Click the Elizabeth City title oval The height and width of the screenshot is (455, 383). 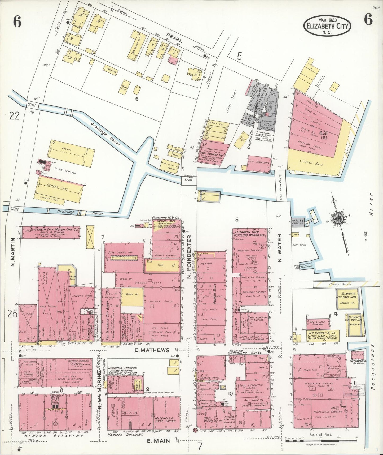(x=327, y=26)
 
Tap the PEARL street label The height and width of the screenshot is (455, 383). (x=174, y=38)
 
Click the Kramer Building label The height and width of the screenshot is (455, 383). (x=125, y=435)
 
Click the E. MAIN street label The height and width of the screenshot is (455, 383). (x=158, y=441)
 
